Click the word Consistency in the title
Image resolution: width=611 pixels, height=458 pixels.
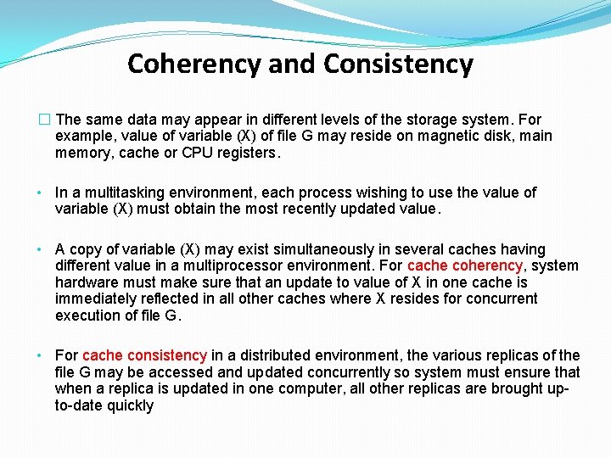pos(398,64)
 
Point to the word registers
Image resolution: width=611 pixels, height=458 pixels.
pos(247,153)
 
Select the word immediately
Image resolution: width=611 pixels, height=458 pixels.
pos(96,299)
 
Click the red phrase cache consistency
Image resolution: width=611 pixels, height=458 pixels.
pos(144,355)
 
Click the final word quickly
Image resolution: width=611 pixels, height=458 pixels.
pos(130,405)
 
